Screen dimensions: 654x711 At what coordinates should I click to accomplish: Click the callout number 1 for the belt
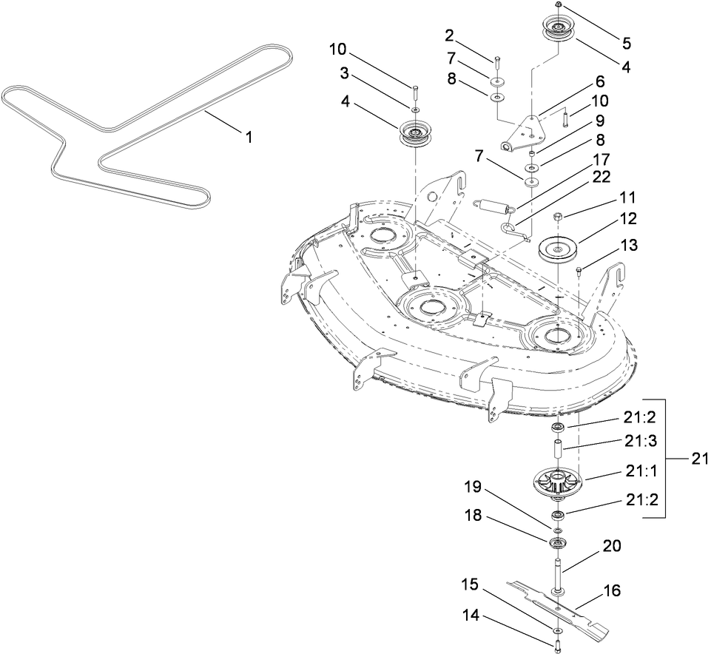(x=249, y=137)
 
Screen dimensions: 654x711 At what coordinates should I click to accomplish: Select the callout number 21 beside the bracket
(x=699, y=458)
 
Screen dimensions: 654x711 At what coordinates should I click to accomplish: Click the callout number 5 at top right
(x=626, y=43)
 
